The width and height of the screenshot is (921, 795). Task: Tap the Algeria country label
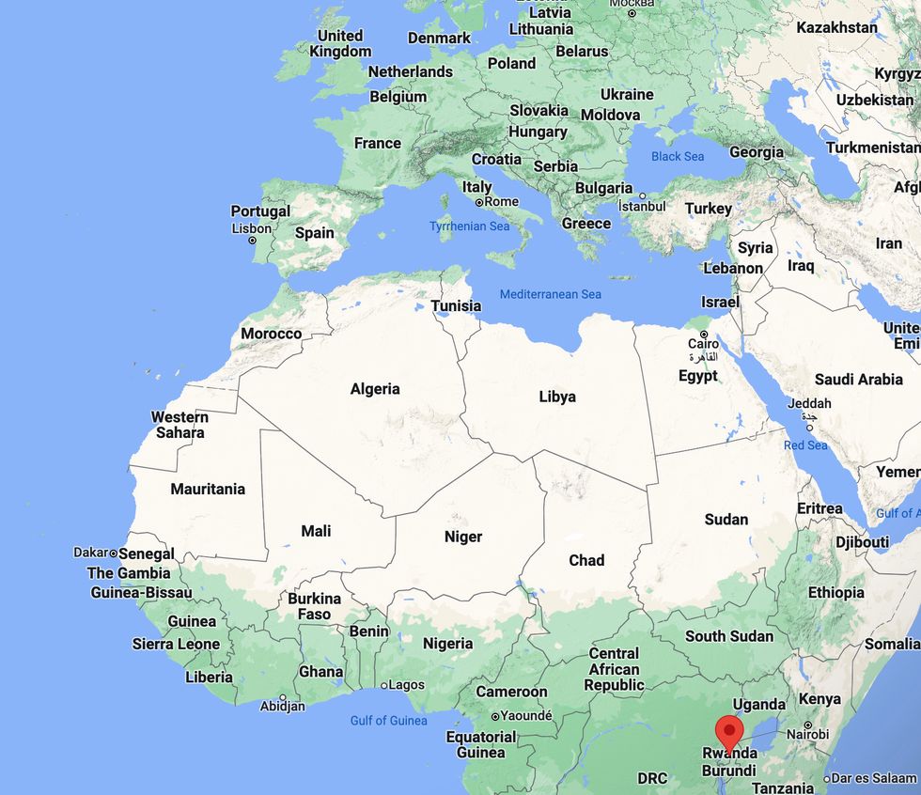tap(375, 389)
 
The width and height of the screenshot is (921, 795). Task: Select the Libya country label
tap(557, 397)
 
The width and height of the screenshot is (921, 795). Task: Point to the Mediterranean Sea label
tap(550, 294)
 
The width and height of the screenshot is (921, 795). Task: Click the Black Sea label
tap(678, 156)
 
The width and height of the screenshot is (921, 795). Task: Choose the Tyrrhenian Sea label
tap(469, 226)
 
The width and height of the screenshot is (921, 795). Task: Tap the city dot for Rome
tap(479, 202)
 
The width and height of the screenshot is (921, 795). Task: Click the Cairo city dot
tap(703, 334)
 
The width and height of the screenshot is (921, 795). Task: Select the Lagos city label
tap(406, 685)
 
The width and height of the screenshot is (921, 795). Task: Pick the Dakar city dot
tap(114, 553)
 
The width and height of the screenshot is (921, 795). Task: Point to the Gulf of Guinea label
tap(388, 721)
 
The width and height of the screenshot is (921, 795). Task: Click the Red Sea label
tap(805, 444)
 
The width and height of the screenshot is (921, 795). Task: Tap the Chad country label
tap(586, 560)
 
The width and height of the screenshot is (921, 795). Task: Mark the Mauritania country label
tap(208, 489)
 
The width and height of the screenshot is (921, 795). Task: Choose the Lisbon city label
tap(251, 228)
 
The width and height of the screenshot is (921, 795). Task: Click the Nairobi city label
tap(807, 734)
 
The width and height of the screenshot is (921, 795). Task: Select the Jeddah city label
tap(809, 403)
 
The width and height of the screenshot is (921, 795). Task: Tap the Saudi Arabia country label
tap(859, 380)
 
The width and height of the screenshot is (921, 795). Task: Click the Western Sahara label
tap(180, 425)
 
